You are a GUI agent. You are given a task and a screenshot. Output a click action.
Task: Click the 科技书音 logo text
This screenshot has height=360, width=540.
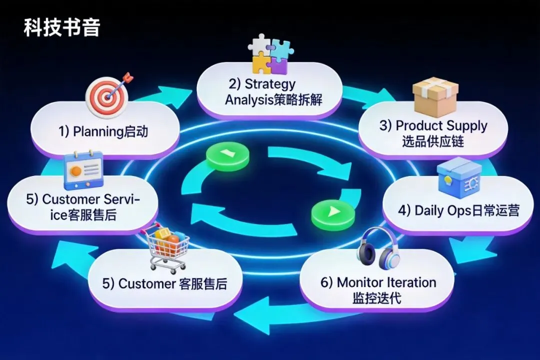(61, 28)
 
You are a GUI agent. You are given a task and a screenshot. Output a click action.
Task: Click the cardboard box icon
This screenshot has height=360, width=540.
(435, 96)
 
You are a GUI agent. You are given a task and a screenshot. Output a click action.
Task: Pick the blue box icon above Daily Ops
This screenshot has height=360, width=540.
(458, 178)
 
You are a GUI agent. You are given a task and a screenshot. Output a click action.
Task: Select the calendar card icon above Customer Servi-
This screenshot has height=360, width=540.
(83, 170)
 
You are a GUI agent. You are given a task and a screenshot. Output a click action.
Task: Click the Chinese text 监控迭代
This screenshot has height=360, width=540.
(376, 298)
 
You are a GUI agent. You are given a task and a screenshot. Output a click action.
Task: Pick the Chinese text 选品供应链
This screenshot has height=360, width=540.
(433, 141)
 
